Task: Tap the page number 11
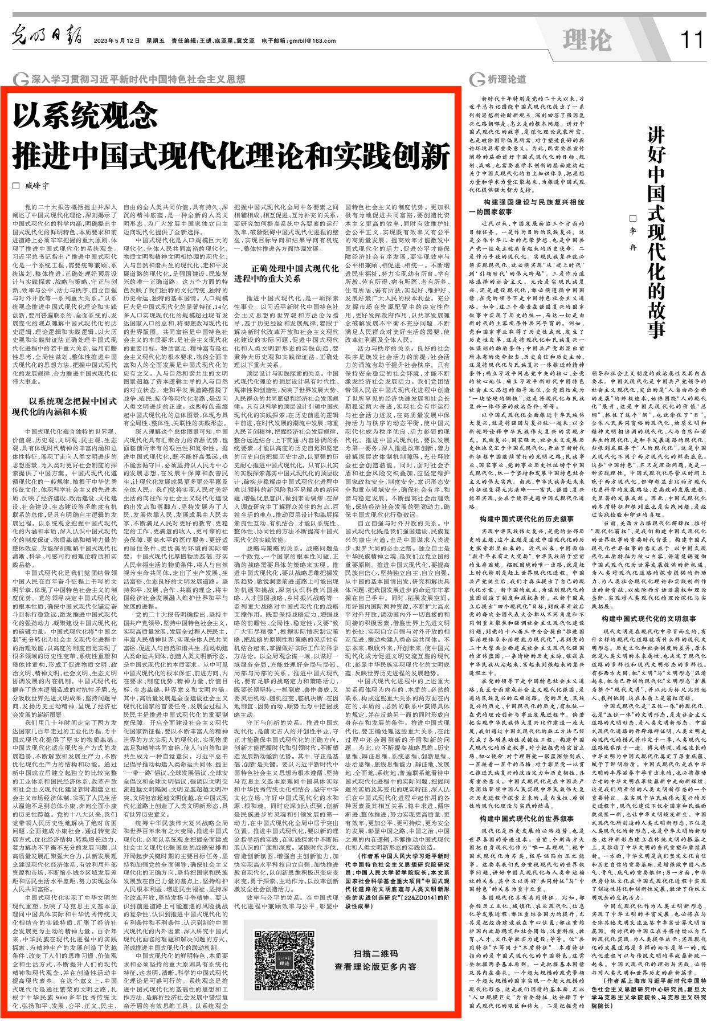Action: click(x=691, y=40)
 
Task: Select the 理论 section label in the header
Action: click(x=586, y=40)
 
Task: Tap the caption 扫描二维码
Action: click(x=375, y=954)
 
